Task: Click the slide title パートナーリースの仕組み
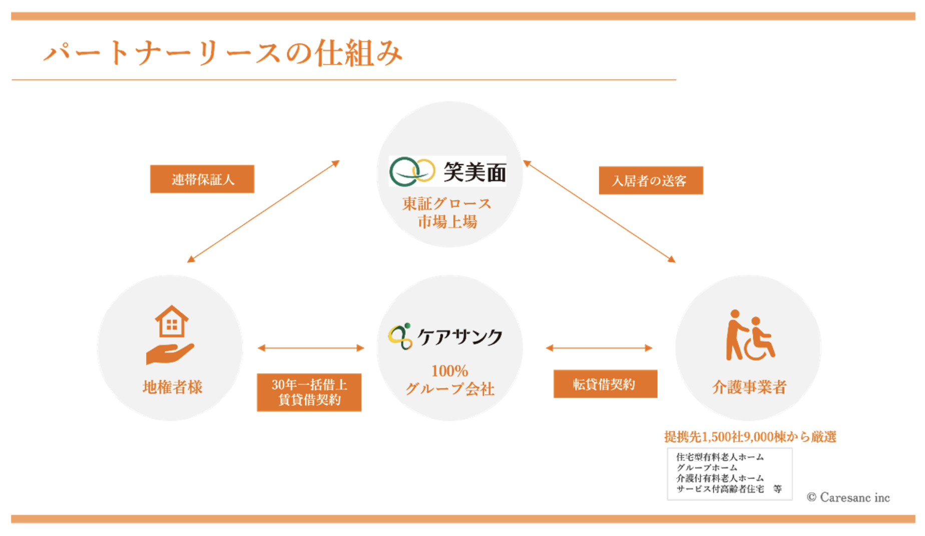(223, 53)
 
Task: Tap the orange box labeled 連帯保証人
(202, 179)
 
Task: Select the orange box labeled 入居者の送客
(651, 180)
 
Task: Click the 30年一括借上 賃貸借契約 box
(309, 392)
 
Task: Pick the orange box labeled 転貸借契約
(605, 384)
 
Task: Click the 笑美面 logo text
(474, 172)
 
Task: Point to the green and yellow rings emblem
(412, 171)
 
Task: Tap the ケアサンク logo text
(459, 337)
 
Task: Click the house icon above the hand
(172, 321)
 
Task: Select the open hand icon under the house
(169, 354)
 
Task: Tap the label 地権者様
(172, 387)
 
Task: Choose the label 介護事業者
(749, 387)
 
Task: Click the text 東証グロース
(447, 204)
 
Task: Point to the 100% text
(449, 371)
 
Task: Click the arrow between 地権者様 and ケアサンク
(310, 348)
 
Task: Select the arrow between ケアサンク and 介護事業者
(599, 348)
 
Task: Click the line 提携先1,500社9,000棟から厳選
(750, 437)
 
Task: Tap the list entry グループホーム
(707, 467)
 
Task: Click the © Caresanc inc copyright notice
(848, 497)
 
